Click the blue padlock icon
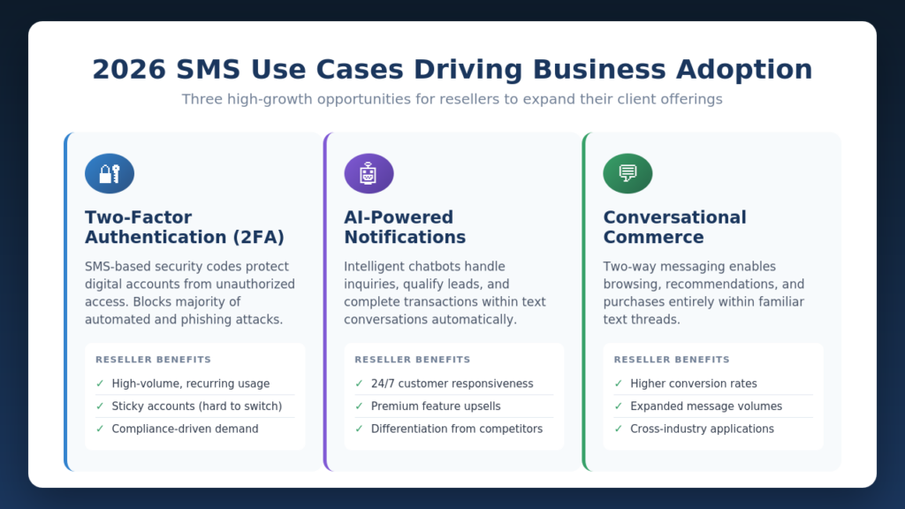(x=110, y=173)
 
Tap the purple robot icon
(x=369, y=173)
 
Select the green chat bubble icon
(x=627, y=173)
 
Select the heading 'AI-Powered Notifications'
(x=405, y=227)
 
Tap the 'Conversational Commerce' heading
(x=674, y=227)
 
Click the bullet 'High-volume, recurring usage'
(x=191, y=384)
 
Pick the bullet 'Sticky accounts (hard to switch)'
(x=197, y=406)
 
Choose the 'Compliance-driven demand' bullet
(x=185, y=429)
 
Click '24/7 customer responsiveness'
(x=452, y=384)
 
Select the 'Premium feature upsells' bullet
(x=436, y=406)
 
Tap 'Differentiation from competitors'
(x=457, y=429)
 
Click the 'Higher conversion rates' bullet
(x=694, y=384)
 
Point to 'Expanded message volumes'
(x=706, y=406)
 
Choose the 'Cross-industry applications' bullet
(x=702, y=429)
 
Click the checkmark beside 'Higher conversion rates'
(x=619, y=384)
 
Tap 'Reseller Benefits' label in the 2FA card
(x=153, y=360)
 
